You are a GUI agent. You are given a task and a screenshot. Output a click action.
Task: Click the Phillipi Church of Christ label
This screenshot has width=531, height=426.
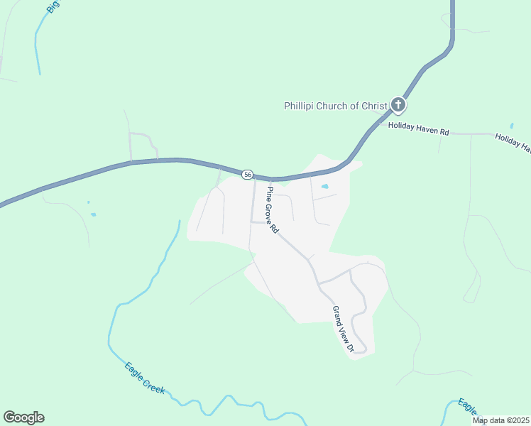[x=336, y=106]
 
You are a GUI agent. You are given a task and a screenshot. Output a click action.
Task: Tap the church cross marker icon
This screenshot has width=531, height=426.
[x=398, y=106]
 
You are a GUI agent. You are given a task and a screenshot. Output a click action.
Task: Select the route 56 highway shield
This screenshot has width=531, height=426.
[x=247, y=174]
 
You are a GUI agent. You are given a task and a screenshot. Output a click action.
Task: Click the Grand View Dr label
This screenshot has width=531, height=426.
[x=343, y=329]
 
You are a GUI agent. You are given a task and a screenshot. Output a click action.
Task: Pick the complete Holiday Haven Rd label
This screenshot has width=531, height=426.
[x=419, y=132]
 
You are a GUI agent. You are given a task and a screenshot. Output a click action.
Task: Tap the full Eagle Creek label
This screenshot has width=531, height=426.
[x=145, y=378]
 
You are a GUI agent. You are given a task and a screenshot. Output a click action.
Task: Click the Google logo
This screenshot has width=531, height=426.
[x=23, y=417]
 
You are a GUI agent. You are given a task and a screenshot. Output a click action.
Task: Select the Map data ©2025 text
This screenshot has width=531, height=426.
[x=501, y=420]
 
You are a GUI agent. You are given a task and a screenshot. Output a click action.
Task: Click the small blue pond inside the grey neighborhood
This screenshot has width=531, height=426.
[x=324, y=187]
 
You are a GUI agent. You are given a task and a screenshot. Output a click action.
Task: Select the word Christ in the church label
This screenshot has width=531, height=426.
[x=374, y=106]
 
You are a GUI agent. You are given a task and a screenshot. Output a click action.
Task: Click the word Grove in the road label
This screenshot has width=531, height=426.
[x=271, y=208]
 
